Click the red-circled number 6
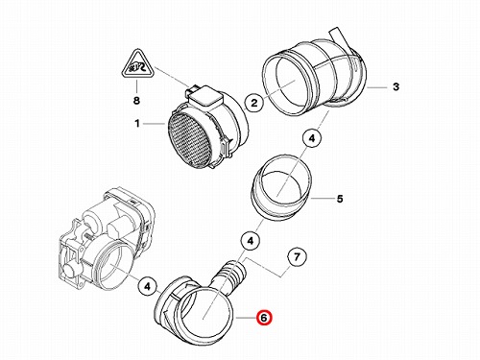(x=264, y=318)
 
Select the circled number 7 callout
(x=297, y=257)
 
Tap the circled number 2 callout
(x=253, y=103)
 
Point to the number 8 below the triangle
(x=136, y=101)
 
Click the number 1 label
(x=137, y=123)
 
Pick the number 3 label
(x=396, y=86)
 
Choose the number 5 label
(x=340, y=199)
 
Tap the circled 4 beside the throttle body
(x=147, y=286)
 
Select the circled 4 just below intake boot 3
(x=312, y=138)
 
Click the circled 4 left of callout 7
(x=251, y=241)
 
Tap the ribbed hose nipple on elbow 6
(x=231, y=276)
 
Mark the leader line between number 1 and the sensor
(x=155, y=124)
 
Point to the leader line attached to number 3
(x=377, y=87)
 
